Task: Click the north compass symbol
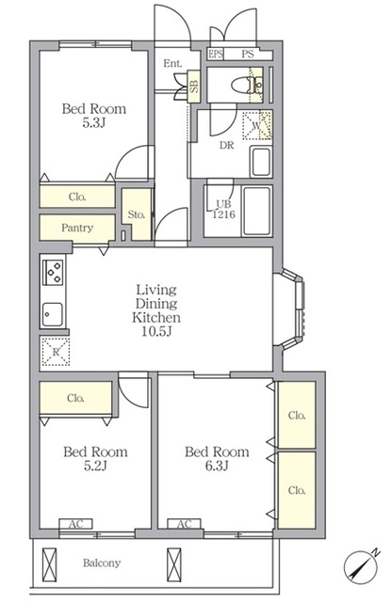pos(361,565)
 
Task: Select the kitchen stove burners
pos(53,272)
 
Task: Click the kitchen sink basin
pos(52,314)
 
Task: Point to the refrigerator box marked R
pos(56,351)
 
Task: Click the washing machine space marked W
pos(257,125)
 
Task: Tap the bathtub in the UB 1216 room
pos(256,211)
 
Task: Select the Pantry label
pos(77,228)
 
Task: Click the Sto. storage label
pos(137,214)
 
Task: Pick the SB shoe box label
pos(194,87)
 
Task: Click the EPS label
pos(216,55)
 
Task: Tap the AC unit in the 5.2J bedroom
pos(75,524)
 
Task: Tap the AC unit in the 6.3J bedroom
pos(185,524)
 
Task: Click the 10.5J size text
pos(156,331)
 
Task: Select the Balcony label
pos(102,562)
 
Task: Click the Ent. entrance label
pos(172,63)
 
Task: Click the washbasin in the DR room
pos(261,162)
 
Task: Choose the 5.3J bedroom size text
pos(94,123)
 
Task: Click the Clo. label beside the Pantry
pos(77,197)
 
